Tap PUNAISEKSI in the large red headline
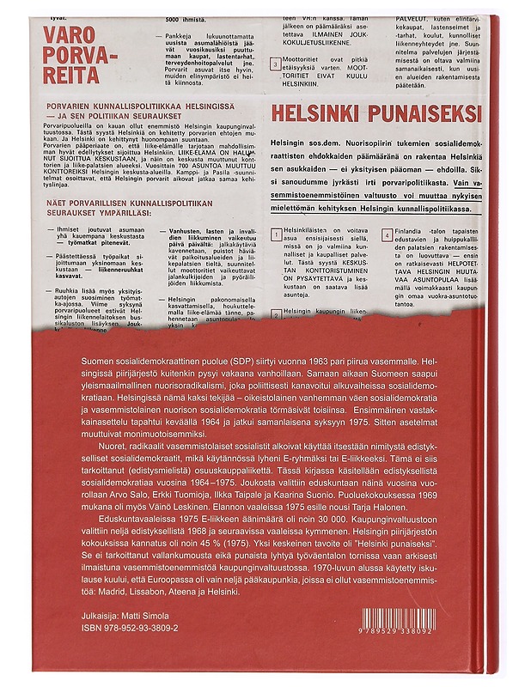pyautogui.click(x=412, y=112)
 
